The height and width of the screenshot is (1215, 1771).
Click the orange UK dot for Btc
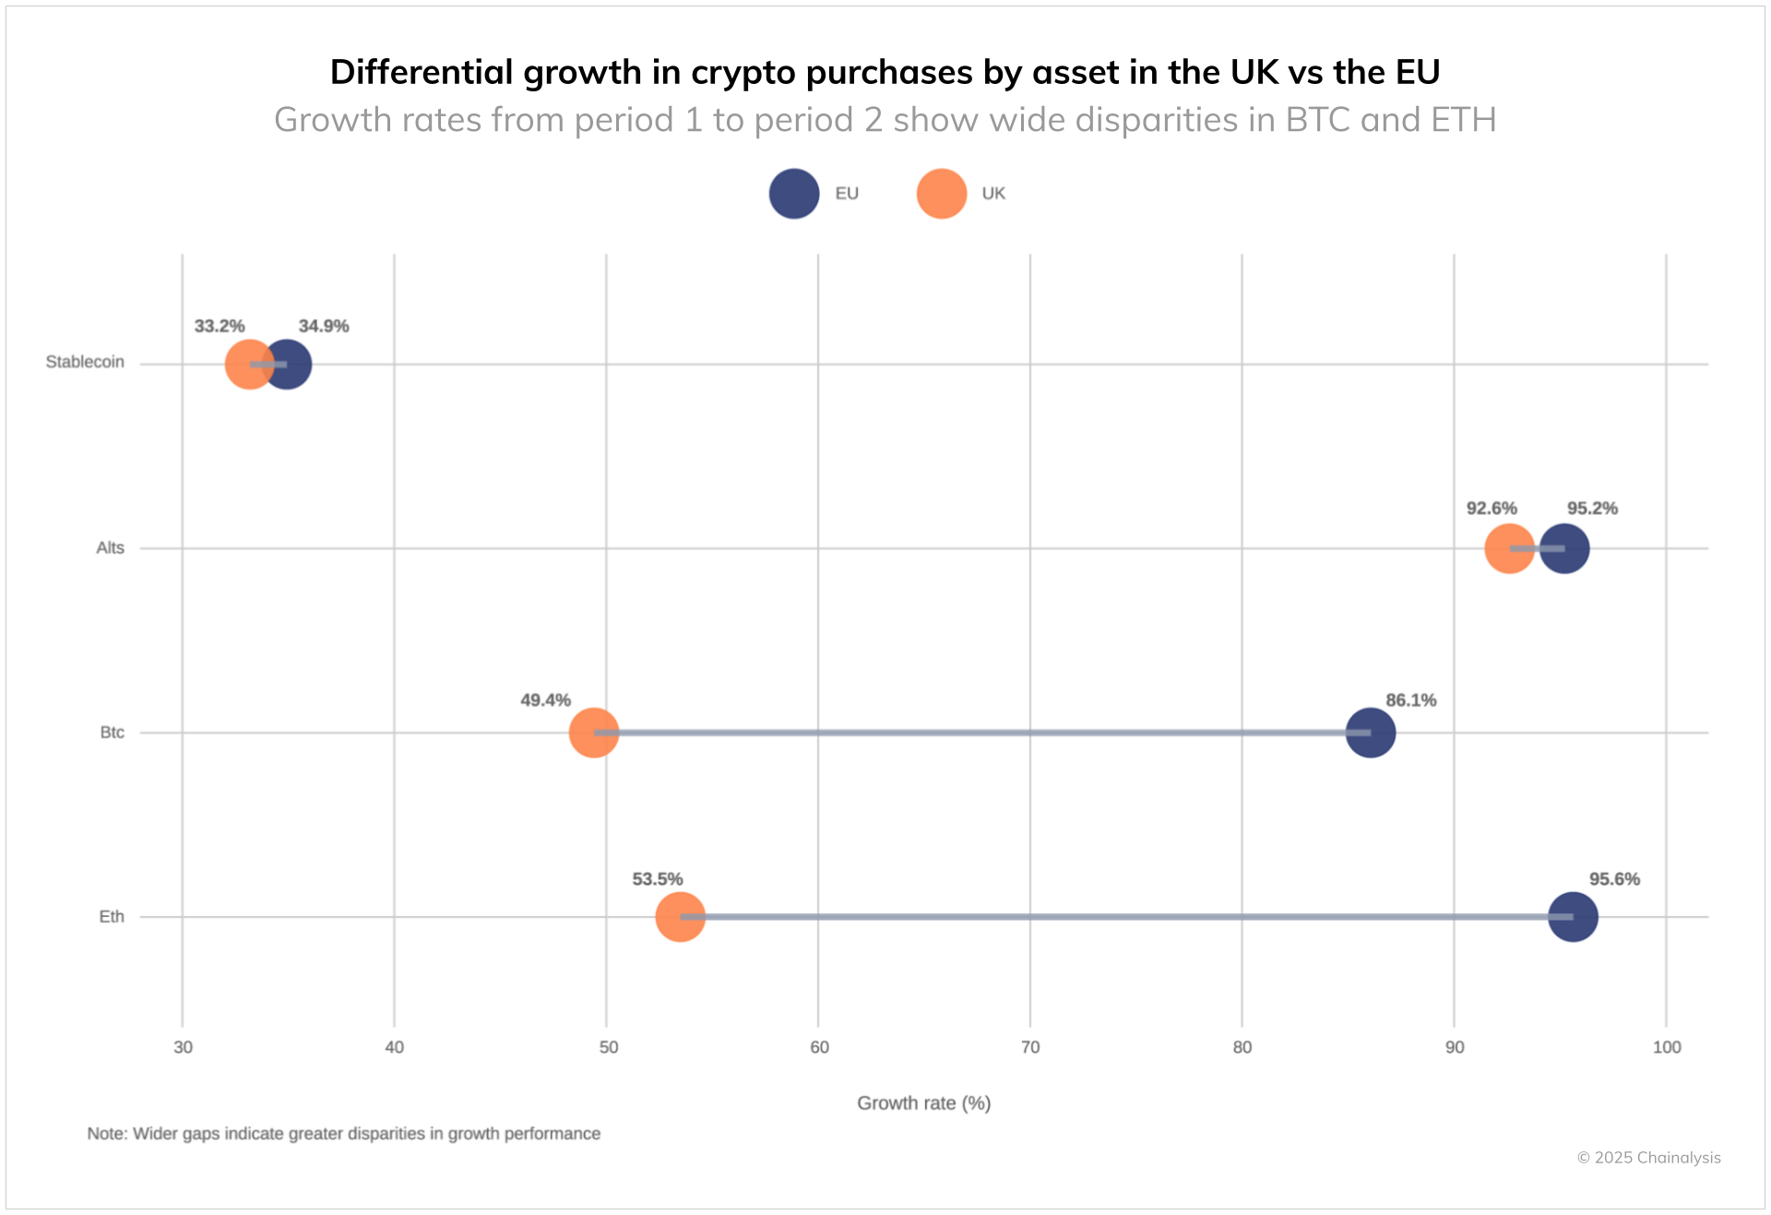point(593,733)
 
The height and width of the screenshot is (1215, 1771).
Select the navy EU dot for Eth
point(1573,917)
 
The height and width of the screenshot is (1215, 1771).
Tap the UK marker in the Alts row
point(1508,548)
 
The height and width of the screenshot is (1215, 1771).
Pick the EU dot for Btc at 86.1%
point(1371,733)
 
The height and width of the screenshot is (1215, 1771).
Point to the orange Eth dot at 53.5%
point(680,917)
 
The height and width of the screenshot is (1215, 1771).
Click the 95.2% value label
point(1592,508)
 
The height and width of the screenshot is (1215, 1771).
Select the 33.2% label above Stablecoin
point(220,327)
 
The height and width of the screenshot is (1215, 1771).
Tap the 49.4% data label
point(545,700)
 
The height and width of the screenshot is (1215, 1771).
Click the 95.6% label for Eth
point(1614,879)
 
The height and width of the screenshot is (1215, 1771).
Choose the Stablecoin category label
point(85,362)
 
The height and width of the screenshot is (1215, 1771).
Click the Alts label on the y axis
point(110,548)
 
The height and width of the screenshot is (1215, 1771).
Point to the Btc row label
point(112,733)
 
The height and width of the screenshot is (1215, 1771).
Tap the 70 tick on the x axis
point(1030,1047)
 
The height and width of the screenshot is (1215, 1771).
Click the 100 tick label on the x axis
point(1667,1047)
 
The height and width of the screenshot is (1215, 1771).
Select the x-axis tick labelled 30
point(183,1047)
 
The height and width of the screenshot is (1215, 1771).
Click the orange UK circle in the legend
point(941,194)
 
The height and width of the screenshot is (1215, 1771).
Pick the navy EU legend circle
point(794,194)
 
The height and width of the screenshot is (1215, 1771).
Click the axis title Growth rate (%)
point(923,1103)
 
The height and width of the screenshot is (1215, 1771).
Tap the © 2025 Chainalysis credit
point(1648,1158)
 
